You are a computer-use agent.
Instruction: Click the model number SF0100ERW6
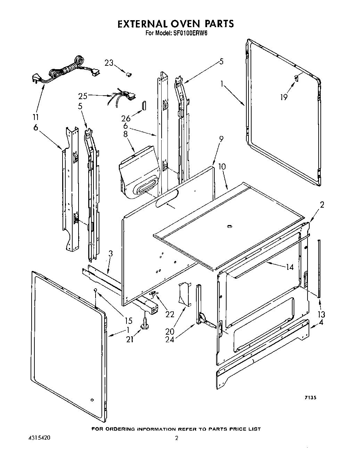click(190, 34)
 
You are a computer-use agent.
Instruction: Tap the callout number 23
click(109, 63)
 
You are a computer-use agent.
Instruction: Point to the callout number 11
click(36, 117)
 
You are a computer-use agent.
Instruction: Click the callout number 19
click(284, 97)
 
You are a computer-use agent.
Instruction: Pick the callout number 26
click(125, 119)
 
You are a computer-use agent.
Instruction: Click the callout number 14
click(289, 267)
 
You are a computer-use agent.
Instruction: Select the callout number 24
click(170, 339)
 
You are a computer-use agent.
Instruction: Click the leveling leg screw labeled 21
click(144, 323)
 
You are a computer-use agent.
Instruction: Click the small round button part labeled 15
click(95, 290)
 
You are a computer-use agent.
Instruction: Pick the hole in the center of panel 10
click(229, 227)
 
